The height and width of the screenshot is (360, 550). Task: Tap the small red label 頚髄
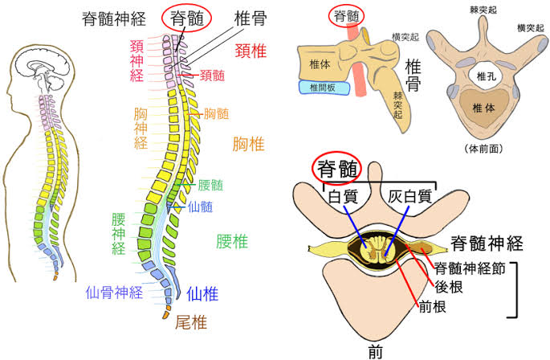(211, 77)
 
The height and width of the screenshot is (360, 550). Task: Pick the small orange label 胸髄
(217, 113)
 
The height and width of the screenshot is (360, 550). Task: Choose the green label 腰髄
(210, 185)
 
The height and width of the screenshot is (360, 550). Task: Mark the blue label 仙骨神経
(115, 291)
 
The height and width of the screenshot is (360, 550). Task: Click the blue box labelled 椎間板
(319, 87)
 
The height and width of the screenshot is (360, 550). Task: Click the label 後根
(449, 287)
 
